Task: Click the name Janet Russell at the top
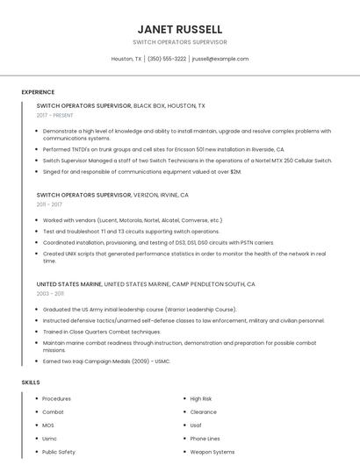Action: tap(180, 29)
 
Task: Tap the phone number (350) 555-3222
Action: tap(167, 59)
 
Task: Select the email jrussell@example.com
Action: tap(220, 59)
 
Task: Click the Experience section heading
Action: tap(38, 92)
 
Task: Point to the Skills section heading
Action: tap(31, 383)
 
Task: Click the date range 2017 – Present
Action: tap(55, 115)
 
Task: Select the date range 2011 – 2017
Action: tap(49, 204)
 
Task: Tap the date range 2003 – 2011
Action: tap(49, 294)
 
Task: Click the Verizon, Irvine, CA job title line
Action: tap(112, 195)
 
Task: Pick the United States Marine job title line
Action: tap(146, 284)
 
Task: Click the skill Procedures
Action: tap(57, 398)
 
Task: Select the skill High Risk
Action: tap(201, 398)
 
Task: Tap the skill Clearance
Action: tap(203, 411)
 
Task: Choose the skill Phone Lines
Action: tap(205, 439)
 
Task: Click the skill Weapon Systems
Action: tap(212, 452)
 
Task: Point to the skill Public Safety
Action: tap(60, 452)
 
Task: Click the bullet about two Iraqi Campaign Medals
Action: tap(106, 361)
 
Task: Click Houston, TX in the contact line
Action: tap(126, 59)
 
